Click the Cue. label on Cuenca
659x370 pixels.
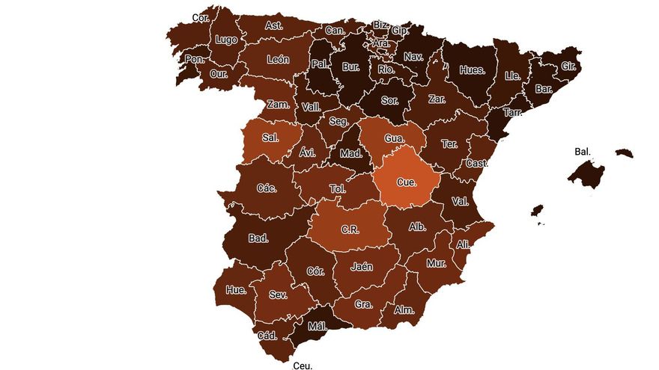(x=407, y=182)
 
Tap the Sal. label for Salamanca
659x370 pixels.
(x=271, y=138)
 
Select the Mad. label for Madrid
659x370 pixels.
(x=350, y=154)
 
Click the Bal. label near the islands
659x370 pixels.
(x=583, y=151)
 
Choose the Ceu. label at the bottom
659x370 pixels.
(x=303, y=366)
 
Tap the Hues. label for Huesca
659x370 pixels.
(x=472, y=70)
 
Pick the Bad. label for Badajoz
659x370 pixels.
(x=258, y=239)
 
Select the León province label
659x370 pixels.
(x=277, y=60)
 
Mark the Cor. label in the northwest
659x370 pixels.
(x=201, y=17)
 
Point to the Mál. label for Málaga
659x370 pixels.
(x=318, y=327)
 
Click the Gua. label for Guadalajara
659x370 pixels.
(x=395, y=138)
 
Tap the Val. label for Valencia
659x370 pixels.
(x=460, y=201)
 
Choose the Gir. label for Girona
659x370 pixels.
(x=569, y=66)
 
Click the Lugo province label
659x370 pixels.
(x=225, y=40)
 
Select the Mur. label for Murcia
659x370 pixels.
(x=436, y=263)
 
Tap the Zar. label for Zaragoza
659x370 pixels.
(x=438, y=98)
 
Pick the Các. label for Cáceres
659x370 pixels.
(x=266, y=188)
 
